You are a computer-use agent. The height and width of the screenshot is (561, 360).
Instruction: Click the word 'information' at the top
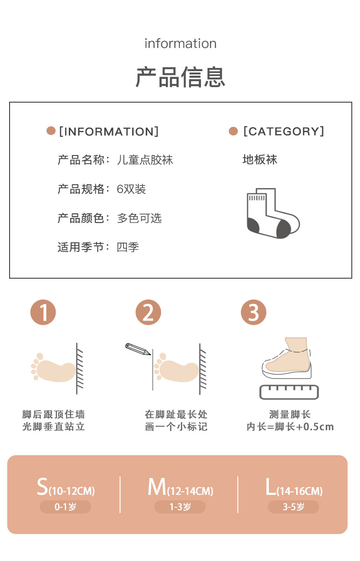(x=180, y=44)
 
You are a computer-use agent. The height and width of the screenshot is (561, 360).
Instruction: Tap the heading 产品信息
(x=180, y=77)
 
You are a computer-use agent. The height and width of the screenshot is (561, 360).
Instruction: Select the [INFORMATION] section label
(x=109, y=131)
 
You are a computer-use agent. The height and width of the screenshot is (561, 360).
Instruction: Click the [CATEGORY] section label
(x=283, y=131)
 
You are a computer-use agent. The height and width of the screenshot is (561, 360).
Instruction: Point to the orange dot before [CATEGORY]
(x=233, y=131)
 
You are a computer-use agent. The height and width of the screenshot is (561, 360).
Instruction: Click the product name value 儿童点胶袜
(x=145, y=160)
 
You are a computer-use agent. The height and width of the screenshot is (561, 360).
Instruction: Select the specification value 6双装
(x=131, y=189)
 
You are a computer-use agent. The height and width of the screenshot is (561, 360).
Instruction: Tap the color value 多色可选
(x=139, y=218)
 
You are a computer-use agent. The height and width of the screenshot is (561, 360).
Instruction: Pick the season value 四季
(x=128, y=247)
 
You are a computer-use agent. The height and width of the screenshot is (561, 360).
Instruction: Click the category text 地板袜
(x=260, y=160)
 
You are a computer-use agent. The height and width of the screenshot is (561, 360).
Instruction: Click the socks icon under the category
(x=273, y=213)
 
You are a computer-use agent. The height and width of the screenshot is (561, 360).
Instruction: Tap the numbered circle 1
(x=43, y=313)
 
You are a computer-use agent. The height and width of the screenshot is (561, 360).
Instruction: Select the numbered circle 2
(x=149, y=313)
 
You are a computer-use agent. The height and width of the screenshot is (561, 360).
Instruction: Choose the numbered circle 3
(x=253, y=313)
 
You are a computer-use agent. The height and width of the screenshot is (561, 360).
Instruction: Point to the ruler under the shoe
(x=289, y=392)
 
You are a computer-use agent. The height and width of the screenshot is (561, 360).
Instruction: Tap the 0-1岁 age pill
(x=65, y=507)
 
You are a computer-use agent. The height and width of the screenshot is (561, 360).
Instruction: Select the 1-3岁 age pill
(x=180, y=507)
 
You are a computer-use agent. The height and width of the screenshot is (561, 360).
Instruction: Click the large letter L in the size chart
(x=271, y=487)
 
